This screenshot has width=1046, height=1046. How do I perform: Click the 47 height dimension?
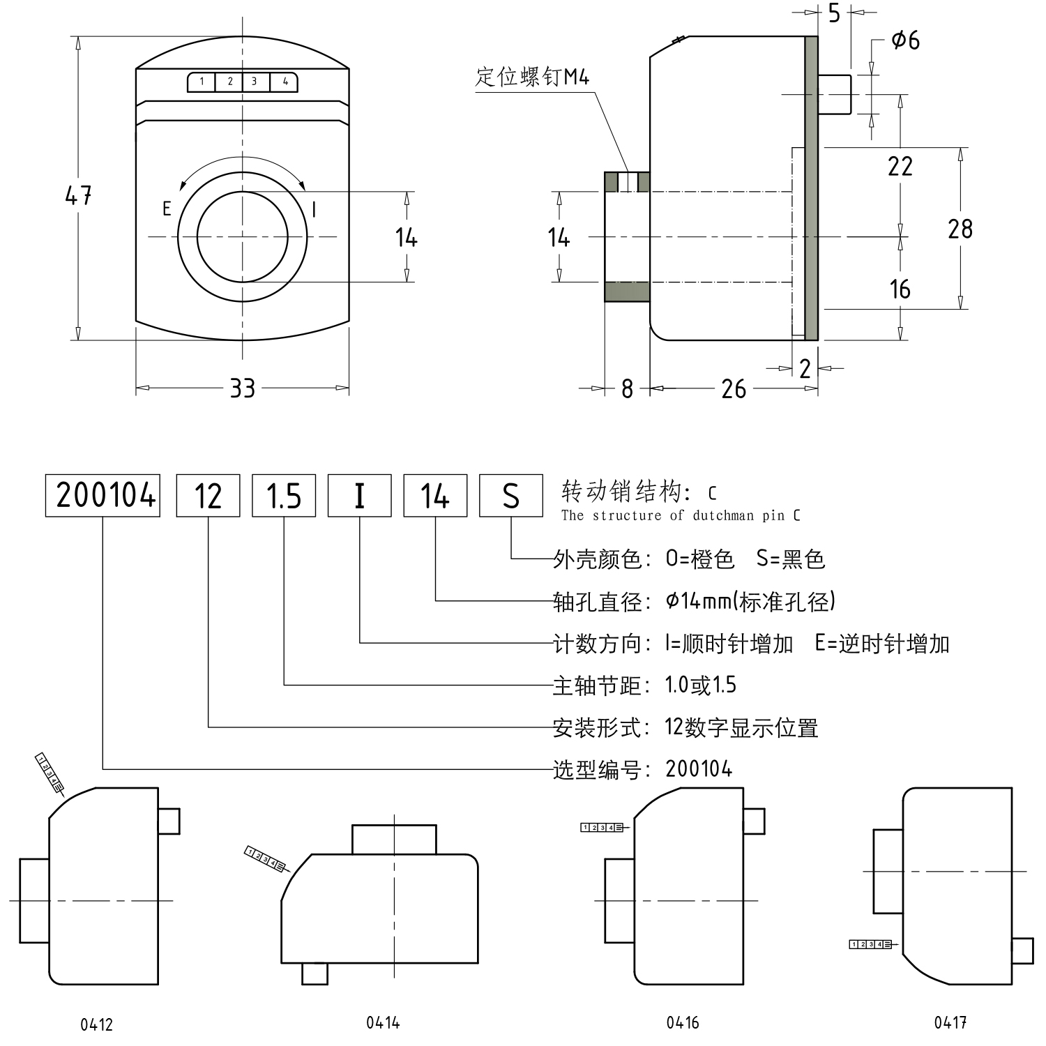click(78, 195)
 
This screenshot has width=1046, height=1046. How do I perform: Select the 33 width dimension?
click(242, 388)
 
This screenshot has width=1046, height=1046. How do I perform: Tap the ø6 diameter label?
click(905, 40)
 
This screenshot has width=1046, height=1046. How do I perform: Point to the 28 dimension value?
click(960, 229)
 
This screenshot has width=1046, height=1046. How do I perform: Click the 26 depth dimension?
click(734, 388)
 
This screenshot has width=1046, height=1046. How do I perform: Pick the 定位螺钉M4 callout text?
click(533, 76)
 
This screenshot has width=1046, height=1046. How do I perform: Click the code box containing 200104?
click(103, 496)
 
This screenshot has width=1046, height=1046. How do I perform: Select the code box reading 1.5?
click(284, 496)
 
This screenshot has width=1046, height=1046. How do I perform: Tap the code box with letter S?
click(510, 496)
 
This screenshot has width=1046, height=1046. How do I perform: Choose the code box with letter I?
click(359, 496)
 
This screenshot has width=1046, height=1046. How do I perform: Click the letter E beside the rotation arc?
click(167, 209)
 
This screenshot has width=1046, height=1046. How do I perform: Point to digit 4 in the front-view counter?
click(285, 82)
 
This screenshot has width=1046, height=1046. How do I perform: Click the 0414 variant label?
click(383, 1022)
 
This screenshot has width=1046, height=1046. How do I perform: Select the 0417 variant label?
click(950, 1022)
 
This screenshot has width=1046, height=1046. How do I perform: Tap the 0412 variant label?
click(96, 1024)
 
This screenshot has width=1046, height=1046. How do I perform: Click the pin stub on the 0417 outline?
click(1022, 950)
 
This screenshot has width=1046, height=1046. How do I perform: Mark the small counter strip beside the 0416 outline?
click(602, 827)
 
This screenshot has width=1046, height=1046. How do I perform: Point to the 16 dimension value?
click(900, 289)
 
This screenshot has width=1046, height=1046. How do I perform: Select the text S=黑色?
click(791, 559)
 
